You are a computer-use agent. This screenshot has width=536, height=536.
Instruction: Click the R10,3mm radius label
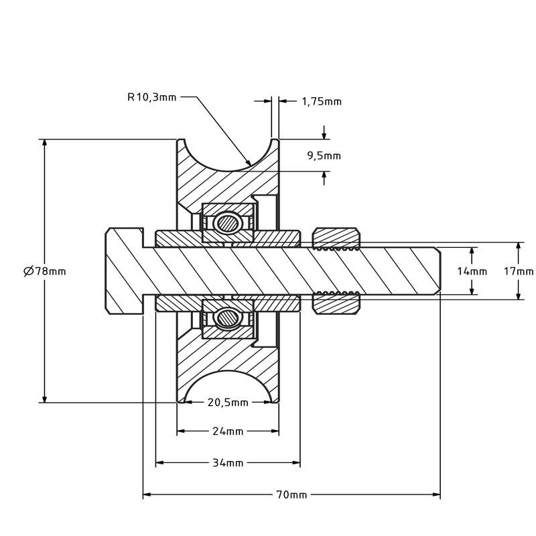[x=152, y=97]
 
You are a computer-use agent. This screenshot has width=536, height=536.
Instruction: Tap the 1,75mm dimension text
[x=321, y=102]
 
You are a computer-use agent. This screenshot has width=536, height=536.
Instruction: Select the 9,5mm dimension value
[x=324, y=155]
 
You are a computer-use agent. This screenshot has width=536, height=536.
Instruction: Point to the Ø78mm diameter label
[x=45, y=271]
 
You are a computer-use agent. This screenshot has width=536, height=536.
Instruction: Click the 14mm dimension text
[x=472, y=271]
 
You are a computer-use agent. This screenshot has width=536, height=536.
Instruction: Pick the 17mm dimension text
[x=519, y=271]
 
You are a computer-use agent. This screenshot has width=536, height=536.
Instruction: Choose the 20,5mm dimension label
[x=228, y=403]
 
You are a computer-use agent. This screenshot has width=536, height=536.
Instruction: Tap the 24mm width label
[x=228, y=431]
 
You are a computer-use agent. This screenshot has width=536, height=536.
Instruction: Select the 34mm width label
[x=228, y=463]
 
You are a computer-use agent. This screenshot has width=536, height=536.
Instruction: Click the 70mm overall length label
[x=291, y=495]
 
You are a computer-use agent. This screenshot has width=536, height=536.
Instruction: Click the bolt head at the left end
[x=125, y=271]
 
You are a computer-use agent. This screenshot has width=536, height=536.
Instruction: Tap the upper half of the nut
[x=336, y=237]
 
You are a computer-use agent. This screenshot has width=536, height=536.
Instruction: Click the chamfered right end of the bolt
[x=437, y=271]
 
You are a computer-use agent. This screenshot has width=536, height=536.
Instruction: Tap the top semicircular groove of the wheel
[x=228, y=157]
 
